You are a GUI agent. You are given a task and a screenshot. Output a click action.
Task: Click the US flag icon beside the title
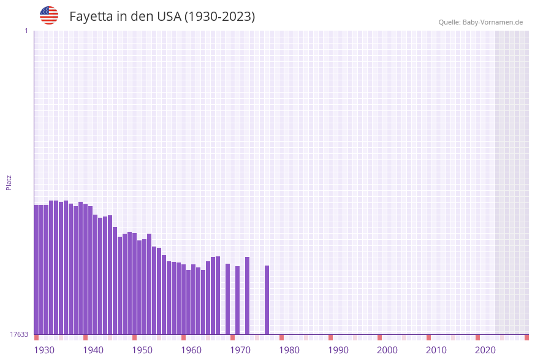tap(49, 15)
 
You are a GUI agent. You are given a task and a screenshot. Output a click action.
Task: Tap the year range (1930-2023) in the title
tap(219, 17)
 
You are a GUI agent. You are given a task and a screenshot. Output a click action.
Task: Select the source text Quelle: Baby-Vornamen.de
tap(480, 22)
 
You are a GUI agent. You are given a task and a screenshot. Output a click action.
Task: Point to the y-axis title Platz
tap(9, 182)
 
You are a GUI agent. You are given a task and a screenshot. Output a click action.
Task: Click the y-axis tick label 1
tap(26, 31)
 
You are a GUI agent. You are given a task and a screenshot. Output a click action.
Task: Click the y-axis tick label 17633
tap(19, 334)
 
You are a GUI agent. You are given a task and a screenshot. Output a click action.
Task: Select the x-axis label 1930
tap(44, 350)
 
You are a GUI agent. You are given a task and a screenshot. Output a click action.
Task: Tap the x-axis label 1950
tap(142, 350)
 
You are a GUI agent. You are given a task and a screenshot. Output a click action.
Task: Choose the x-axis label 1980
tap(289, 350)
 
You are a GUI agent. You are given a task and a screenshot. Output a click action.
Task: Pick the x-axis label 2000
tap(387, 350)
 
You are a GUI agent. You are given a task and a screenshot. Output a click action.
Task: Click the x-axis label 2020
tap(485, 350)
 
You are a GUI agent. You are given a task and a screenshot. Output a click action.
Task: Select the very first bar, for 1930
tap(36, 269)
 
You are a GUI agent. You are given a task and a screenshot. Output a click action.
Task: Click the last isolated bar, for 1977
tap(267, 300)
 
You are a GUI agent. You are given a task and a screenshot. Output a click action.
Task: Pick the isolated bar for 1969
tap(227, 299)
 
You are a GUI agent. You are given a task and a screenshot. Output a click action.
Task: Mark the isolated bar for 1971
tap(237, 300)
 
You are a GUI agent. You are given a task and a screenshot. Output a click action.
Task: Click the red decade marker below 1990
tap(330, 337)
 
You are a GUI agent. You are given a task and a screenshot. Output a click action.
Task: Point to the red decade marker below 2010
tap(428, 337)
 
